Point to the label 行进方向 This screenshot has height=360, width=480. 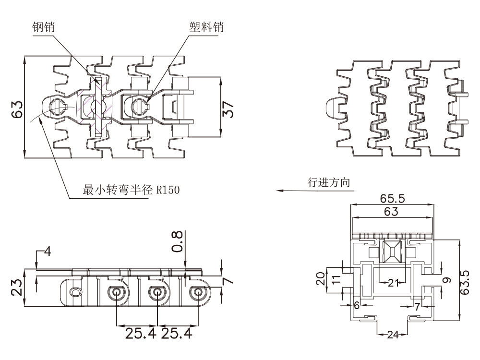point(329,183)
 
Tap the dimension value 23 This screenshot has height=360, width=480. point(16,288)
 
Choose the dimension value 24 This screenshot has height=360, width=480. point(393,335)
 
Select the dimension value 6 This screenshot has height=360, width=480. point(356,305)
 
